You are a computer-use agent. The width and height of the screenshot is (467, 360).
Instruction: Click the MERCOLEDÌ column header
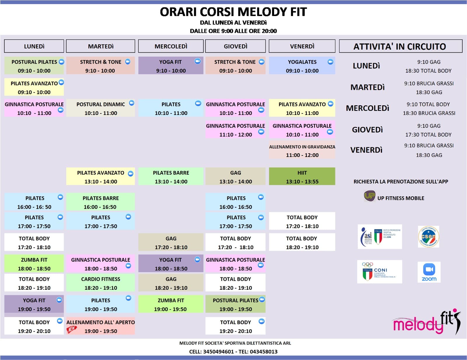point(171,46)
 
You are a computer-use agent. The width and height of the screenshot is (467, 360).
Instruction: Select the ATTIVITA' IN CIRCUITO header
point(400,46)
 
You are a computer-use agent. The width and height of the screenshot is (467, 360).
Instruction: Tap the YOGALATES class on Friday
point(302,66)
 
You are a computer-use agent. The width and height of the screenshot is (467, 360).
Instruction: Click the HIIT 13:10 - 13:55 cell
point(302,176)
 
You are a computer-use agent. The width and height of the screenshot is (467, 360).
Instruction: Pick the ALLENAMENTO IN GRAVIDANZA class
point(302,151)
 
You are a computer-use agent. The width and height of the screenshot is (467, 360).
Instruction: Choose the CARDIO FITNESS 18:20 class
point(101,283)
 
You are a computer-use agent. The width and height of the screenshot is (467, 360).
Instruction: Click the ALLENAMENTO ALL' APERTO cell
point(101,326)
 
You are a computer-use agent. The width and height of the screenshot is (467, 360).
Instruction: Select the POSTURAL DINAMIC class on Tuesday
point(101,108)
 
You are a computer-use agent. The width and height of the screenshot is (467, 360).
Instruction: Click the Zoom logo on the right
point(429,272)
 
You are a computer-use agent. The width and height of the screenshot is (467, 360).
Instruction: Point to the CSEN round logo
point(428,237)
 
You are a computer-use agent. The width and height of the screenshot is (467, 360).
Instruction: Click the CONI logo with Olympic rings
point(379,272)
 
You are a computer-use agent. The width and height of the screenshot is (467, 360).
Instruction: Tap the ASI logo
point(379,237)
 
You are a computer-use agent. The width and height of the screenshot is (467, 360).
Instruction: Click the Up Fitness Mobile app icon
point(369,196)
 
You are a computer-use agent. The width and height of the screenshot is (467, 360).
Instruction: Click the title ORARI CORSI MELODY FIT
point(233,12)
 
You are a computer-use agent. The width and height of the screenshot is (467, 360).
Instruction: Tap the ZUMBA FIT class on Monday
point(34,264)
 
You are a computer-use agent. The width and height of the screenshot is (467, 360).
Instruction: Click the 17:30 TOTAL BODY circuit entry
point(428,134)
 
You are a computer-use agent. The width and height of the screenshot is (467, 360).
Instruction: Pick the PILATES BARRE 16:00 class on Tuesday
point(101,202)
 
